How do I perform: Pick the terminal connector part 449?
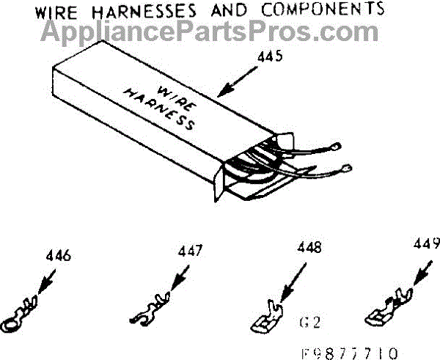[x=387, y=308]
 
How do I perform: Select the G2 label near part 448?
[x=312, y=321]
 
